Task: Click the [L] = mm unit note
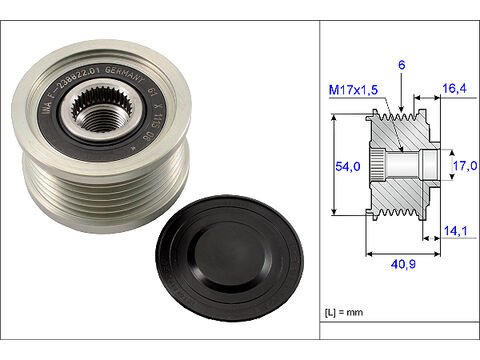pyautogui.click(x=349, y=316)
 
